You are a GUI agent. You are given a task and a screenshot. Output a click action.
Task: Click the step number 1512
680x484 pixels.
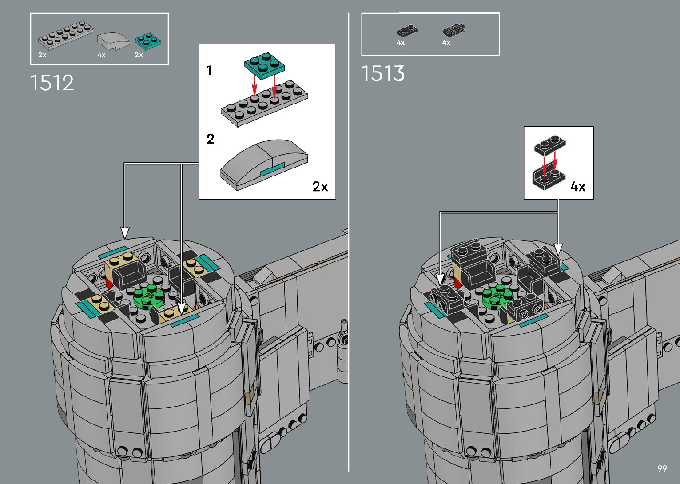pyautogui.click(x=52, y=83)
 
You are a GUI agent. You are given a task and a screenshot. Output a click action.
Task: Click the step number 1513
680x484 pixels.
pyautogui.click(x=383, y=73)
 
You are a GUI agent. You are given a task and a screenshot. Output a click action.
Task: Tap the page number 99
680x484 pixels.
pyautogui.click(x=662, y=468)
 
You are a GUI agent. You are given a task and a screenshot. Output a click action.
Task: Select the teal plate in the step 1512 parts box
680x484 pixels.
pyautogui.click(x=147, y=41)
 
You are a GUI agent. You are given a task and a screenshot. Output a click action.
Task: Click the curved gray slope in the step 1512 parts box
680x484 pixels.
pyautogui.click(x=113, y=41)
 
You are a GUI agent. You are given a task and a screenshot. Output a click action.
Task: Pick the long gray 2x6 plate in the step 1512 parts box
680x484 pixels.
pyautogui.click(x=66, y=35)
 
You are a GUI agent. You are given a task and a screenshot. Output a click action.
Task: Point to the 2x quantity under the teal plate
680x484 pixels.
pyautogui.click(x=139, y=55)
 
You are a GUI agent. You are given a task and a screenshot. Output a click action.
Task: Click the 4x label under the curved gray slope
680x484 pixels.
pyautogui.click(x=101, y=55)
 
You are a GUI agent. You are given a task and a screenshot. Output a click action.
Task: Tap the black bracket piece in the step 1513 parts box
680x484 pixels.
pyautogui.click(x=454, y=30)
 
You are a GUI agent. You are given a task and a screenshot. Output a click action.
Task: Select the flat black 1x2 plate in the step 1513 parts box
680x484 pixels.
pyautogui.click(x=407, y=31)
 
